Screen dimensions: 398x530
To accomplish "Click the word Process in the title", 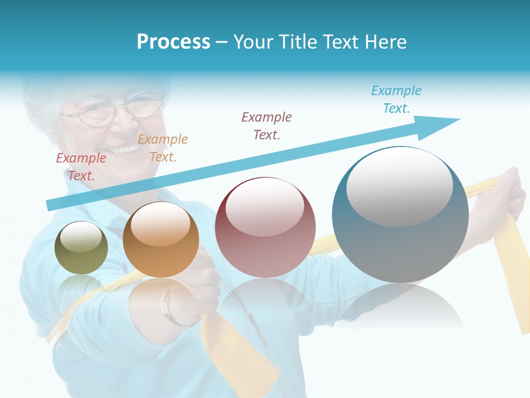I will pyautogui.click(x=173, y=42).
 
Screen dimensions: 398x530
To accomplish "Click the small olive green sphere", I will pyautogui.click(x=81, y=248).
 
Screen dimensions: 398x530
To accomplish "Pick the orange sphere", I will pyautogui.click(x=161, y=239).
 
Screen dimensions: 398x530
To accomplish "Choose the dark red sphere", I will pyautogui.click(x=265, y=227).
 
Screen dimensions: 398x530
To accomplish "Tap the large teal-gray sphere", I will pyautogui.click(x=400, y=214).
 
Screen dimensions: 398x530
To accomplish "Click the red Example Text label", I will pyautogui.click(x=81, y=167).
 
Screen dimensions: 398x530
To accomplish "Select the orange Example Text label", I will pyautogui.click(x=163, y=148).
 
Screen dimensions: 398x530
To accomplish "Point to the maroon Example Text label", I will pyautogui.click(x=267, y=125).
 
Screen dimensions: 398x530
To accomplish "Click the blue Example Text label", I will pyautogui.click(x=396, y=99).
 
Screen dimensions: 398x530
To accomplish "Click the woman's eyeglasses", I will pyautogui.click(x=113, y=111).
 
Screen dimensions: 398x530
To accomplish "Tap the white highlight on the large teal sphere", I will pyautogui.click(x=399, y=187).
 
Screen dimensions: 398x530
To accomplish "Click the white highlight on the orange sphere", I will pyautogui.click(x=160, y=224).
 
